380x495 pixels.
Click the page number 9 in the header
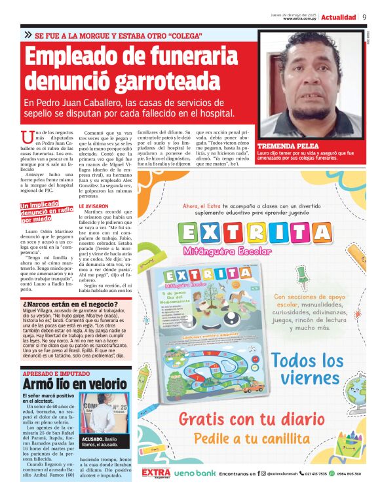click(364, 17)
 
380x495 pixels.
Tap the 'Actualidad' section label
click(339, 17)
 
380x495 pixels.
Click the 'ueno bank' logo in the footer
click(195, 473)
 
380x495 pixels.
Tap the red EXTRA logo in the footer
click(156, 472)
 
